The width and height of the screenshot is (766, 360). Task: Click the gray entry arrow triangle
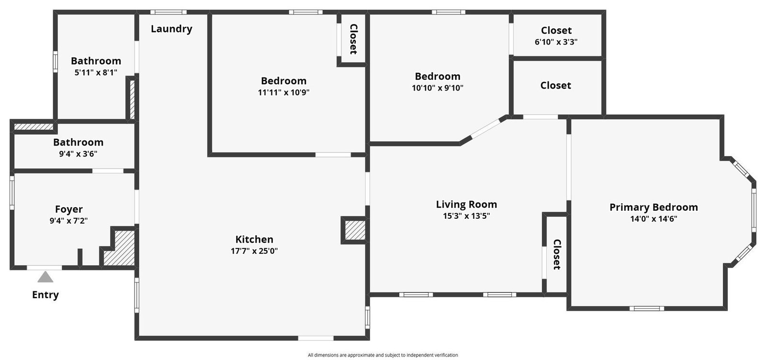[45, 277]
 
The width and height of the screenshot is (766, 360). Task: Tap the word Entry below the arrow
[45, 295]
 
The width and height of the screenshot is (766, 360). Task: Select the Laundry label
[171, 29]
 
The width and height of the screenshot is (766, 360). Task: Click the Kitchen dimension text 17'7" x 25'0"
[254, 251]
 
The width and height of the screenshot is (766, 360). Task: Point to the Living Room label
[466, 204]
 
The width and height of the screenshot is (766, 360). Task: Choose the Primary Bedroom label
[653, 207]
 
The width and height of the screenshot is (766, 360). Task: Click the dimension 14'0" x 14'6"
[653, 219]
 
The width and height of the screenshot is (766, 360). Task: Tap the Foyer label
[69, 209]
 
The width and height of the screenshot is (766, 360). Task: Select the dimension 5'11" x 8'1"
[96, 72]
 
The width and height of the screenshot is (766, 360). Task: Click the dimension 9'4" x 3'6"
[78, 154]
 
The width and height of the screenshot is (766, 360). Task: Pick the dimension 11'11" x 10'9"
[283, 92]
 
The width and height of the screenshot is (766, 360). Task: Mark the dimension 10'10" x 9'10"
[438, 88]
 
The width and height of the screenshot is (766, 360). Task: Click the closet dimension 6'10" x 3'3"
[556, 42]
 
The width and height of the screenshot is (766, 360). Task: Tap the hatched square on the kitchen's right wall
[355, 230]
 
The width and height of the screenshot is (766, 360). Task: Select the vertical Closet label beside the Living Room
[557, 254]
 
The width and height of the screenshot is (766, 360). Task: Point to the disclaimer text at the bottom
[383, 355]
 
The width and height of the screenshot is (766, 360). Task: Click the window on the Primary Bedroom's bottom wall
[647, 308]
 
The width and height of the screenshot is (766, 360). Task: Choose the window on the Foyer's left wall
[12, 193]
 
